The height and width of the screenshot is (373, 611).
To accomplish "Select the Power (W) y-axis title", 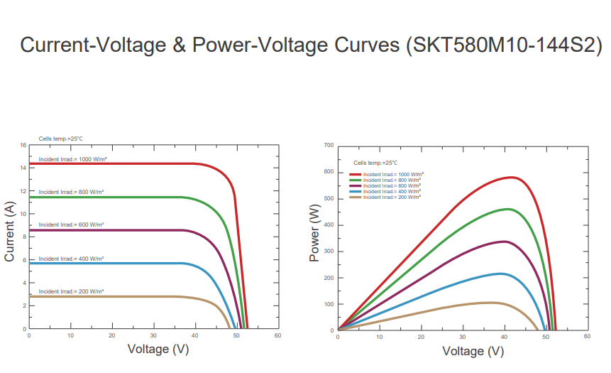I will coord(316,232).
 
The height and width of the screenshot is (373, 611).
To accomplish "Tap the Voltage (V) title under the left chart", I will coord(158,349).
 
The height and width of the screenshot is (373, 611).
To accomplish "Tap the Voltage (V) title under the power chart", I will coord(473,351).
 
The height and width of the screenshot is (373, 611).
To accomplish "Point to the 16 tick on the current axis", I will coord(23,146).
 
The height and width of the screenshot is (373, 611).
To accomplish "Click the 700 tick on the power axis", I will coord(328,146).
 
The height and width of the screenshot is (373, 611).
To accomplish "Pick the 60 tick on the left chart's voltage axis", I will coord(278,335).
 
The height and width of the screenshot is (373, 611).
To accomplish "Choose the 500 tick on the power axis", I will coord(328,198).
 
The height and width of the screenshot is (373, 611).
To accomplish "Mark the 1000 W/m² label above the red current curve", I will coord(72,159).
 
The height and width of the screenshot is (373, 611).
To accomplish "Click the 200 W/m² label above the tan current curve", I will coord(71,291).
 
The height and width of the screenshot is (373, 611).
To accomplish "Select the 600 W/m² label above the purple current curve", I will coord(71,225).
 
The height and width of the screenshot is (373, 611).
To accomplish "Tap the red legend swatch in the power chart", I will coord(355,174).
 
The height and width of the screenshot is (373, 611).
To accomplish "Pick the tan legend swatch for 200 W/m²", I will coord(355,197).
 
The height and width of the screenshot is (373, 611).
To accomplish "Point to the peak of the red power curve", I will coord(511,177).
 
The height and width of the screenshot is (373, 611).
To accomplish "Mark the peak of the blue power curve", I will coord(501,274).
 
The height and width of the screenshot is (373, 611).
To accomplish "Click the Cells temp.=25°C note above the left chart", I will coord(55,139).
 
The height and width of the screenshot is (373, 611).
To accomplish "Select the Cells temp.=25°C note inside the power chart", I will coord(371,163).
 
